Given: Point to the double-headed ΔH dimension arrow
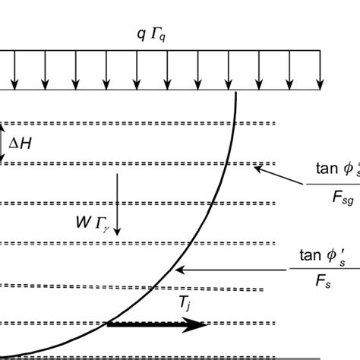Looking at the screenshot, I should [x=3, y=142].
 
